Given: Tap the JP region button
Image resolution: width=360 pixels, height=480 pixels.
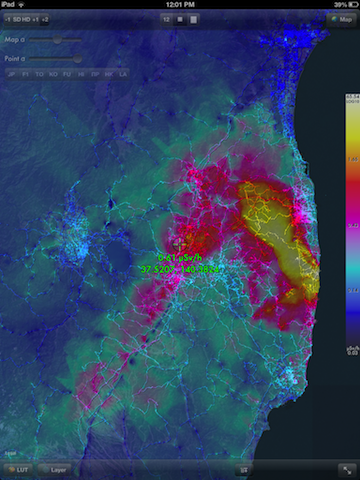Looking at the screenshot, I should click(12, 74).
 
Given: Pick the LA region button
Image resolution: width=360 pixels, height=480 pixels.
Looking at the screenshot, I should click(122, 74).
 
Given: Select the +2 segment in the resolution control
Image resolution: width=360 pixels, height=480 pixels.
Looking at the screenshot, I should click(46, 19).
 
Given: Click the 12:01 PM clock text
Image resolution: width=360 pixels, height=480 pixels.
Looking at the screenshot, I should click(180, 5).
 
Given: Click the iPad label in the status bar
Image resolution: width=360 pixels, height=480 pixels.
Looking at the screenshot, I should click(11, 5).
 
